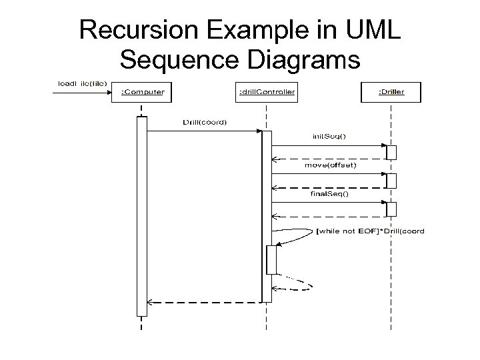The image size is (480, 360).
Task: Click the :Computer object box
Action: pos(142,92)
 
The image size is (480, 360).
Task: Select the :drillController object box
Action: pos(267,92)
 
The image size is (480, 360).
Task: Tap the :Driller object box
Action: pos(391,92)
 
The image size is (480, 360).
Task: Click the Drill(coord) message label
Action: pos(205,122)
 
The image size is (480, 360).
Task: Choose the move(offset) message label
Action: pos(330,165)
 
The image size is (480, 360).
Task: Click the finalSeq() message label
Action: pos(329,194)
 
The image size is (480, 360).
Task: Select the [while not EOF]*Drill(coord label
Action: pos(371,231)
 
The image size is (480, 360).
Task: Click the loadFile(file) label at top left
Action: pos(82,83)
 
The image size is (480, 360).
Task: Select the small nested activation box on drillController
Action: pos(271,259)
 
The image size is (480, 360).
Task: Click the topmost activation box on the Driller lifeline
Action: pos(391,151)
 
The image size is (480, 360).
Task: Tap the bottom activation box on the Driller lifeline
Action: pos(391,209)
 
